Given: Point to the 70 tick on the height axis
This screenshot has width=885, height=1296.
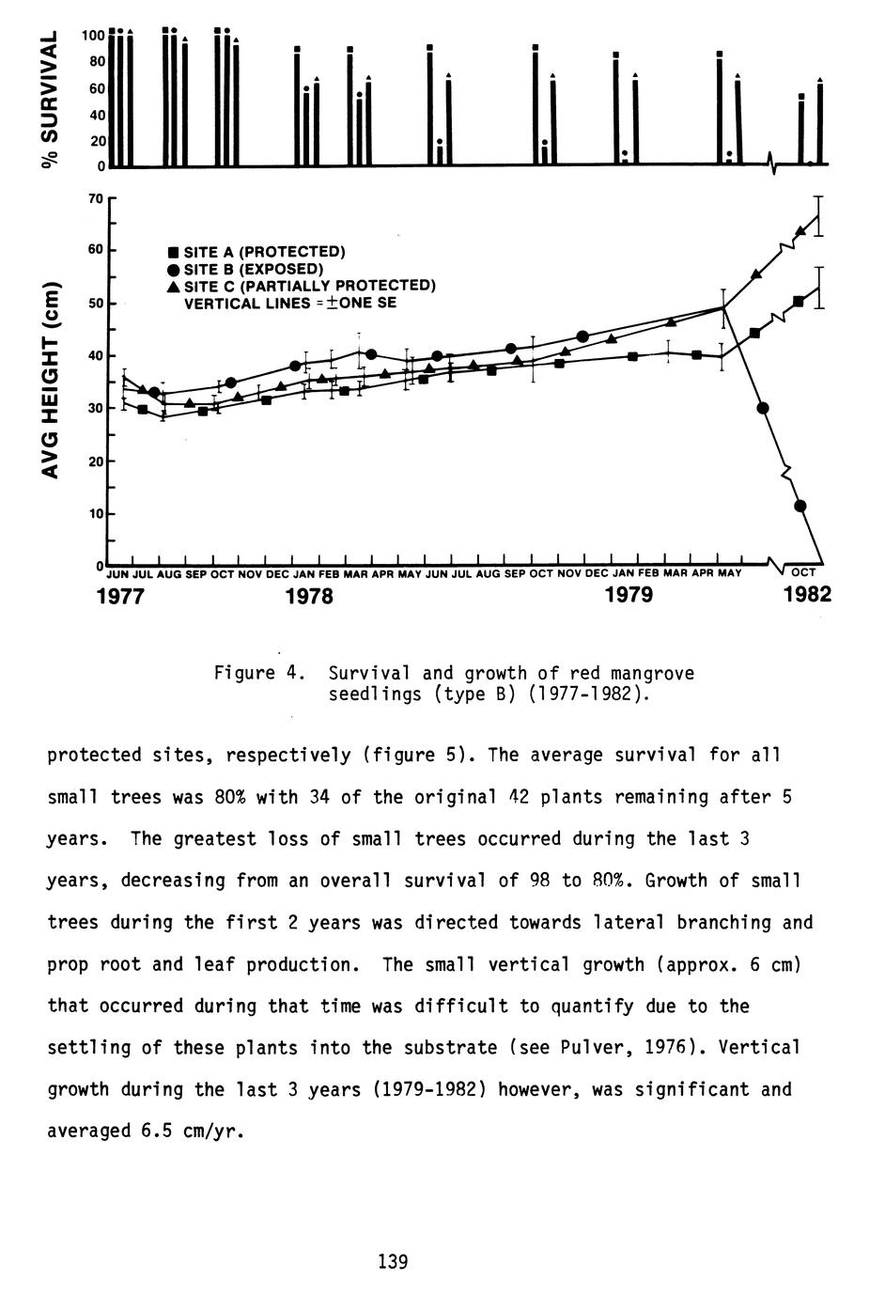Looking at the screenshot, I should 96,198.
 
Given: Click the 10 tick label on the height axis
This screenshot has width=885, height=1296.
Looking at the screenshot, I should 96,514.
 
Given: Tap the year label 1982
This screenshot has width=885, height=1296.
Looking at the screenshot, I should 807,595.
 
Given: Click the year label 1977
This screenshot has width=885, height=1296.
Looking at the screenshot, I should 121,596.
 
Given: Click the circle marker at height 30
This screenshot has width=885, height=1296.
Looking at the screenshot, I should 763,408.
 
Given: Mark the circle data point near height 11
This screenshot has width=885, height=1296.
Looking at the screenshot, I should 800,506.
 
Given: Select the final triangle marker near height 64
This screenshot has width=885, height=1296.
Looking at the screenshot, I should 800,231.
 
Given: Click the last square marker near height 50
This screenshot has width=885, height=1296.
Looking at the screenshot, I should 799,301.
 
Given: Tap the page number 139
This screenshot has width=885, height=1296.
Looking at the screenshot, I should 393,1261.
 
